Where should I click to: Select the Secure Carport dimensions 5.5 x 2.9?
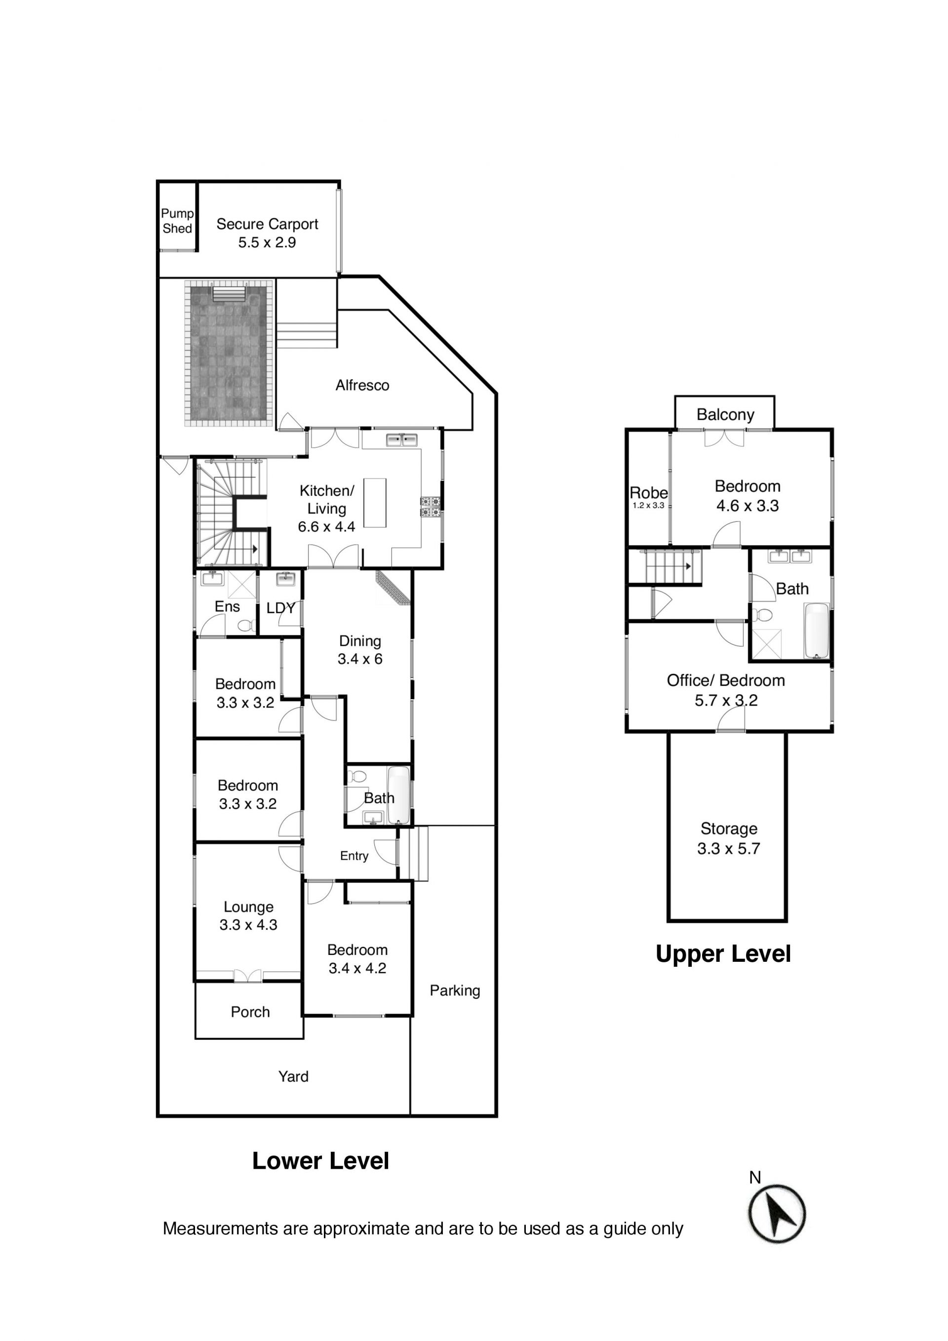pyautogui.click(x=267, y=242)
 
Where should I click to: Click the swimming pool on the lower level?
pyautogui.click(x=229, y=354)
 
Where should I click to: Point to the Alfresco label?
pyautogui.click(x=362, y=386)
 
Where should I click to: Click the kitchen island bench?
pyautogui.click(x=374, y=503)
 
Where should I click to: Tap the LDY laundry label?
pyautogui.click(x=280, y=608)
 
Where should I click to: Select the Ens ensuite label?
pyautogui.click(x=227, y=606)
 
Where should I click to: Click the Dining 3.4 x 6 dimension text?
pyautogui.click(x=360, y=659)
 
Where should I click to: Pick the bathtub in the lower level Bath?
pyautogui.click(x=398, y=795)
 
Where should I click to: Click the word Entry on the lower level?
pyautogui.click(x=354, y=856)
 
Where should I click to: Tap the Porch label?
pyautogui.click(x=250, y=1012)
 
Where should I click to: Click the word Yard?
pyautogui.click(x=293, y=1076)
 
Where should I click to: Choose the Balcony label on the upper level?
pyautogui.click(x=725, y=415)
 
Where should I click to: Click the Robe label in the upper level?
pyautogui.click(x=648, y=493)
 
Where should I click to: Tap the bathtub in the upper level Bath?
pyautogui.click(x=817, y=631)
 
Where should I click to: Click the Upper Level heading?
pyautogui.click(x=723, y=954)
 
